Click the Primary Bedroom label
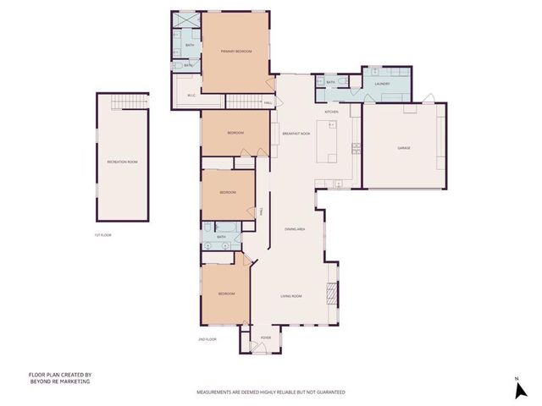237,52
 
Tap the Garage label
404,148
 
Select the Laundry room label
382,84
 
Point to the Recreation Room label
122,161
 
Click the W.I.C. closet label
191,95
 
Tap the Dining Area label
295,229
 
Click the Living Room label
291,296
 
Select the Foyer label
266,337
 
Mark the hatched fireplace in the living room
333,294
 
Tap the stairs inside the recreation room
121,102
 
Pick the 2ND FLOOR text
207,339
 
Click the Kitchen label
332,112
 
